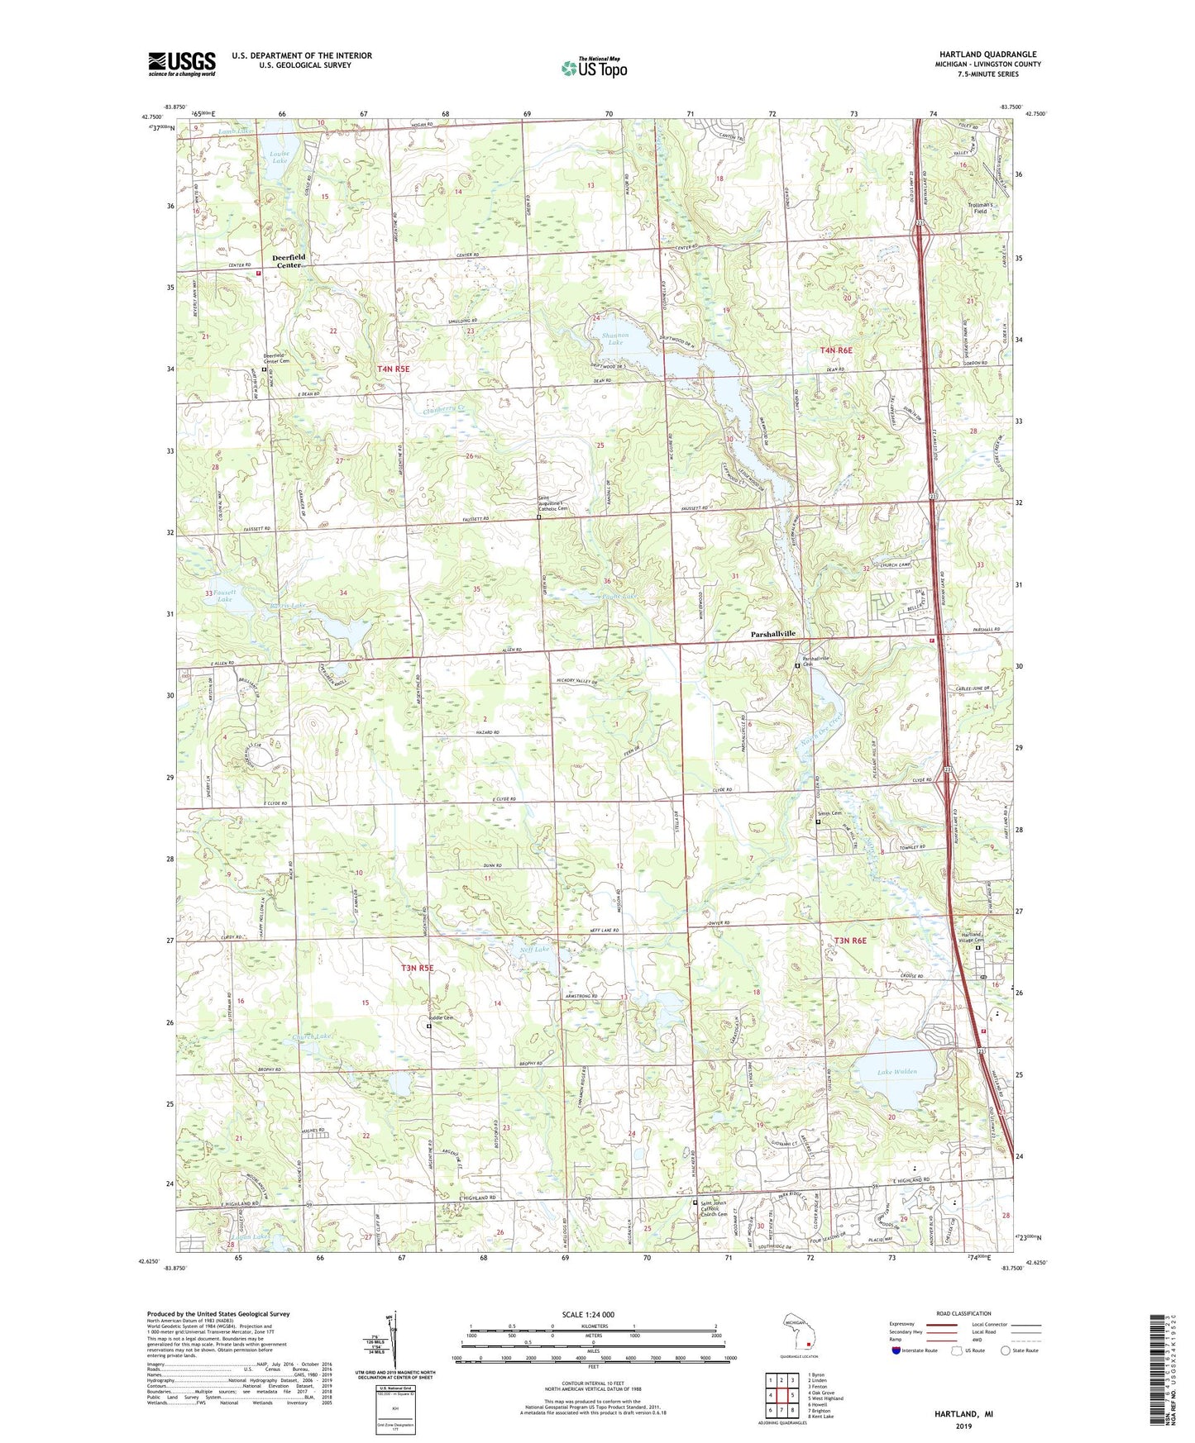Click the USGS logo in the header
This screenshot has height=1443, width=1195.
pyautogui.click(x=181, y=64)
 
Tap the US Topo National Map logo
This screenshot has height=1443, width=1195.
pyautogui.click(x=594, y=67)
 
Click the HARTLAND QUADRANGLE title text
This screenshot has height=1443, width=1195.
pyautogui.click(x=987, y=55)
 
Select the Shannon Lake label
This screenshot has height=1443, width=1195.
pyautogui.click(x=615, y=338)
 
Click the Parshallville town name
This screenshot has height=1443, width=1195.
pyautogui.click(x=772, y=633)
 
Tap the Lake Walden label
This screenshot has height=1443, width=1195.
pyautogui.click(x=896, y=1071)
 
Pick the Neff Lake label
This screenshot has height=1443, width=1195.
pyautogui.click(x=534, y=949)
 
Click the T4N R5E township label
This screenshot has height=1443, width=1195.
pyautogui.click(x=394, y=369)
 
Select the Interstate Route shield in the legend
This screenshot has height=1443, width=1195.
pyautogui.click(x=897, y=1350)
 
